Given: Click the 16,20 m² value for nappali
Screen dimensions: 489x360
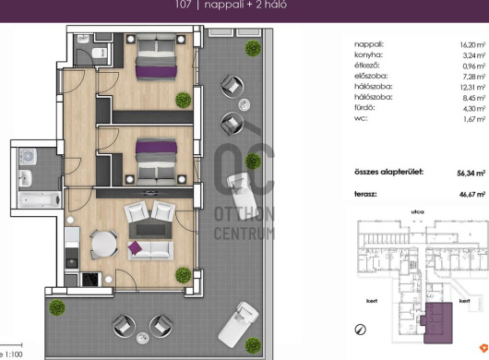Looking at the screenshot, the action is [472, 45].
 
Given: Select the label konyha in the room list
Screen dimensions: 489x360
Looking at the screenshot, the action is [368, 54].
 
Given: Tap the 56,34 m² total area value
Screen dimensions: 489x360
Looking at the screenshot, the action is [471, 174].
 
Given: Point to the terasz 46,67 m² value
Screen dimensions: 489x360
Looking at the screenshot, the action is [472, 195].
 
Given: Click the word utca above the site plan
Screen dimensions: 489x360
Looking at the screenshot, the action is [418, 211].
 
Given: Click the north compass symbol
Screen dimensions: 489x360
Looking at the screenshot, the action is [361, 330].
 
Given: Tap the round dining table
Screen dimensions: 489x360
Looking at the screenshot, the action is [104, 245].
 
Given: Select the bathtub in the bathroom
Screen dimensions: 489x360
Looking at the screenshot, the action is [40, 199].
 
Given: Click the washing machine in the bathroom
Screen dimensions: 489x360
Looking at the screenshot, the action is [28, 156].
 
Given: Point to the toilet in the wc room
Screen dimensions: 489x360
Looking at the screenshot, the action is [101, 53].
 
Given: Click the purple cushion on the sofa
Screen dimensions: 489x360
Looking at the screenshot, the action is [135, 248].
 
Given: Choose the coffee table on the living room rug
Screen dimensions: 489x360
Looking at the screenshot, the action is [150, 230].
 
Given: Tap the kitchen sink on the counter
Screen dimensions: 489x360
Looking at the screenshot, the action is [72, 262].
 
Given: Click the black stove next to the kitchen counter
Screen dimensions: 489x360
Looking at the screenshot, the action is [91, 280].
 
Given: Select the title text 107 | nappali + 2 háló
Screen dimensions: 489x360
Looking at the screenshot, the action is [231, 5].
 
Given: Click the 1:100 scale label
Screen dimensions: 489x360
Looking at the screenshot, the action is [14, 354].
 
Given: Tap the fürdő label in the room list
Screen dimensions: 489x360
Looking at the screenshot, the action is [364, 108].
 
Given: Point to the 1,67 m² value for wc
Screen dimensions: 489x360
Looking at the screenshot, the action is [474, 119].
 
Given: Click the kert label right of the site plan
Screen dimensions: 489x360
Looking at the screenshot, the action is [465, 301].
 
